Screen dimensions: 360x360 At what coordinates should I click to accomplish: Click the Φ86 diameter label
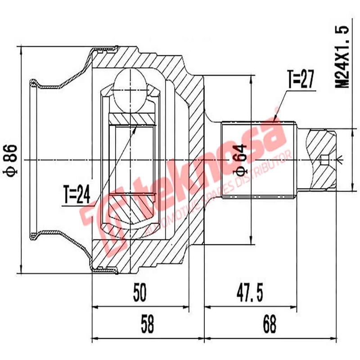[11, 160]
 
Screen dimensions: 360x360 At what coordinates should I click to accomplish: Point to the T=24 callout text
[77, 194]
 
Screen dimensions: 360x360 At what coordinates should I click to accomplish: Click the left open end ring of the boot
[32, 160]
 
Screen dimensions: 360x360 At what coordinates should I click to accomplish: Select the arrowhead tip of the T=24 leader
[136, 126]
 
